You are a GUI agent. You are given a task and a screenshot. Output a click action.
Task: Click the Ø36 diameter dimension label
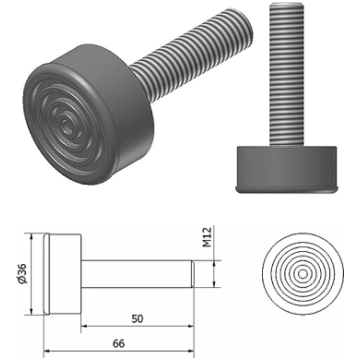click(23, 274)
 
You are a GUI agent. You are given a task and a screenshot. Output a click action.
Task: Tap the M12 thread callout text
click(207, 237)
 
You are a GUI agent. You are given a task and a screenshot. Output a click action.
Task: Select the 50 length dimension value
click(137, 319)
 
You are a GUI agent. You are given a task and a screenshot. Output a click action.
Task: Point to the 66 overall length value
click(119, 344)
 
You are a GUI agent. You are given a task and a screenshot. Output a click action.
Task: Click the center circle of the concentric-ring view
click(303, 274)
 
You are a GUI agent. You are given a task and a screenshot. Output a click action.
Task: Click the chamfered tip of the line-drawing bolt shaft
click(192, 274)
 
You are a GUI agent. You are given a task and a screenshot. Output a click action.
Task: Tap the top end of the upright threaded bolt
click(287, 4)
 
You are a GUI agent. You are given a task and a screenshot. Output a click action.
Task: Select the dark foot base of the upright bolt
click(287, 170)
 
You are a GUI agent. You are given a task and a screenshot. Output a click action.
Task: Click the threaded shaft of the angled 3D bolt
click(192, 55)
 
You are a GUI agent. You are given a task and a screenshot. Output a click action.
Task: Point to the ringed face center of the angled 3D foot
click(68, 123)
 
